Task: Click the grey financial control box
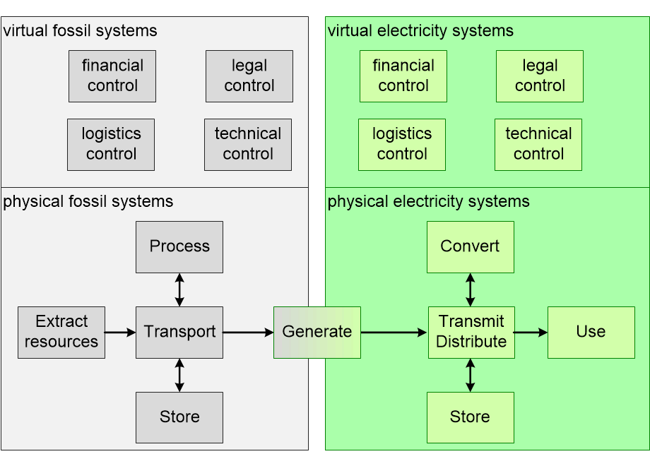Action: (112, 76)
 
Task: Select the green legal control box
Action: (540, 76)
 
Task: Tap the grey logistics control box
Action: (111, 145)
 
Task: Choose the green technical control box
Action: (538, 145)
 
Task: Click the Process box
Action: (179, 247)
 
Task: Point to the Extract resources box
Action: (61, 332)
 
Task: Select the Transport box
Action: (179, 332)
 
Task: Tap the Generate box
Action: (317, 332)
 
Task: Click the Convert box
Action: (471, 247)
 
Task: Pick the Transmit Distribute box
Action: (471, 332)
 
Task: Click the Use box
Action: (591, 332)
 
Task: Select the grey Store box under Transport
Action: (179, 417)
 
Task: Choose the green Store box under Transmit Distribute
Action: (471, 417)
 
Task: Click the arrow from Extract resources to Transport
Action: (120, 332)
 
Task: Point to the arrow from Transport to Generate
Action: (248, 332)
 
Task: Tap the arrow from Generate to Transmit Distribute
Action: (394, 332)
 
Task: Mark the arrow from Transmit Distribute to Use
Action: (531, 332)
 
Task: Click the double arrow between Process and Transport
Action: (179, 289)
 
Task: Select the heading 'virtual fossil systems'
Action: (80, 31)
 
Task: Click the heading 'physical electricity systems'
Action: (428, 202)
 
